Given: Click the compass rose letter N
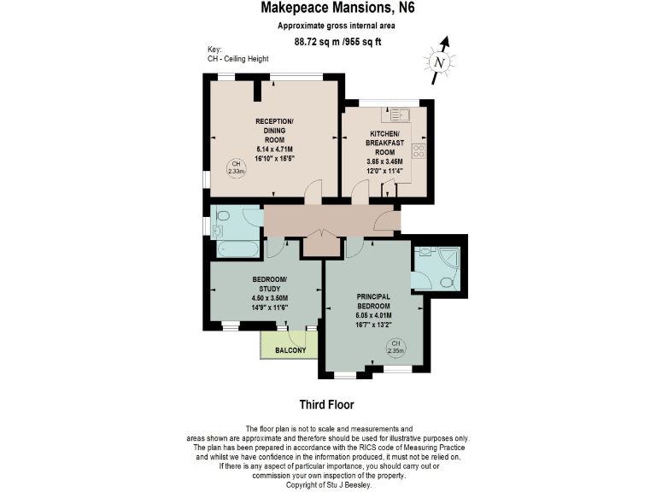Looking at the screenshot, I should (x=439, y=62).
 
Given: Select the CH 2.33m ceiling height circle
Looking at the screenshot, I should (x=236, y=168).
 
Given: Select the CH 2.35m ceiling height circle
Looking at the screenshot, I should (x=395, y=348).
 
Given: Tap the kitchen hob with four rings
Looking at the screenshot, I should (x=419, y=150).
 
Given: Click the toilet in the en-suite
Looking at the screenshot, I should (x=445, y=281).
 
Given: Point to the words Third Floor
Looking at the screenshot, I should (x=326, y=404).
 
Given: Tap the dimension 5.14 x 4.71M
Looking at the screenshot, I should (x=274, y=149).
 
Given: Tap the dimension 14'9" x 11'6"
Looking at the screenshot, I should (x=269, y=307).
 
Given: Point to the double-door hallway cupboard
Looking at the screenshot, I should (x=321, y=245).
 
